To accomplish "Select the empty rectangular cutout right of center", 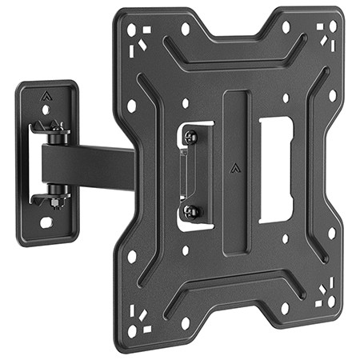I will [x=274, y=170].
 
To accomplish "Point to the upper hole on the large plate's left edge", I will [x=131, y=105].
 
